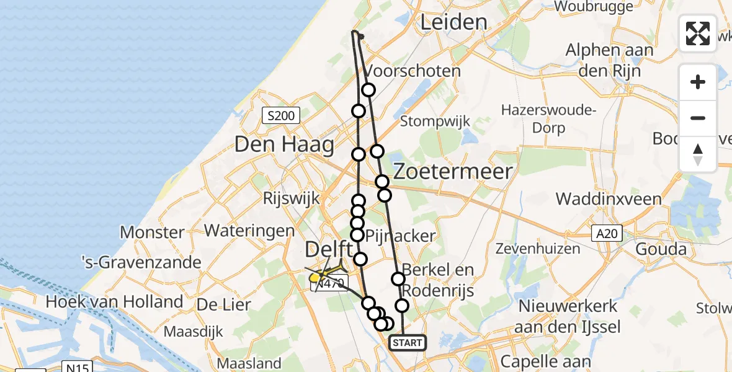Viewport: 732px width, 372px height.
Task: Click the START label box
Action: [x=408, y=343]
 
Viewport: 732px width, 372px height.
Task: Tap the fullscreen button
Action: [x=698, y=33]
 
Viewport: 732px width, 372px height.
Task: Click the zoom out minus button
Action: [x=698, y=118]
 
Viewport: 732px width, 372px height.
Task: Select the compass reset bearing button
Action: [x=698, y=154]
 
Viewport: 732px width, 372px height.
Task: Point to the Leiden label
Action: [x=453, y=23]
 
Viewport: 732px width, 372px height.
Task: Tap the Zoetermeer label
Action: [x=453, y=171]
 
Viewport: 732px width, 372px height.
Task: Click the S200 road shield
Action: [x=281, y=115]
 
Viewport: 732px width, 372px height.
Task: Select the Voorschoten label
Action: [x=414, y=71]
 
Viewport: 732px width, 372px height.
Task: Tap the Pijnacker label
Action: [x=401, y=236]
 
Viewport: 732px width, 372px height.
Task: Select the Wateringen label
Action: [x=249, y=231]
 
